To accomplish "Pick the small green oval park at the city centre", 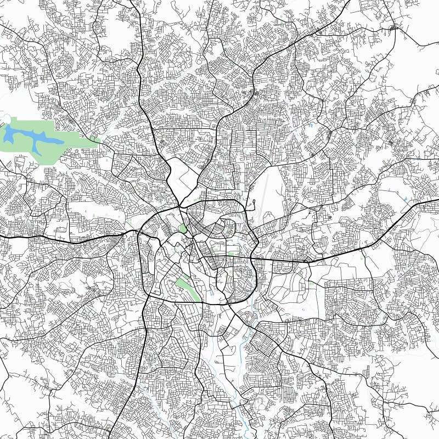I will click(183, 228).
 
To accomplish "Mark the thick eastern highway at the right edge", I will click(434, 202).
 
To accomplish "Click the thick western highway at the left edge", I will click(4, 237).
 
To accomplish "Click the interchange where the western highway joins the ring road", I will click(137, 232).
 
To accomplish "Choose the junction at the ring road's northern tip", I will click(179, 207).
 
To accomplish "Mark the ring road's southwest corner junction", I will click(147, 296).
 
